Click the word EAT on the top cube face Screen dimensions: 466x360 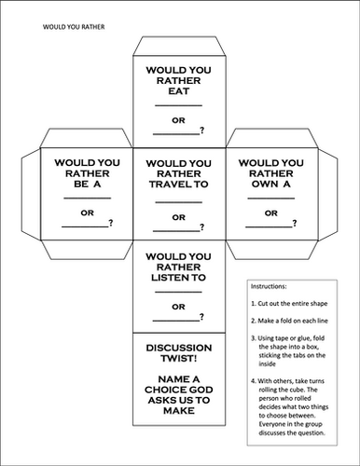[180, 92]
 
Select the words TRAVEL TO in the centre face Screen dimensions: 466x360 [180, 185]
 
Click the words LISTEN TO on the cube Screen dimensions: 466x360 [180, 279]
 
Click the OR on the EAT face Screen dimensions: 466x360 [180, 121]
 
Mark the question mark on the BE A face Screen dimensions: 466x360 [112, 223]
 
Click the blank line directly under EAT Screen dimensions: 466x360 [180, 106]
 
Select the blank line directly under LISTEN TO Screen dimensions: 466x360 [180, 293]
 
